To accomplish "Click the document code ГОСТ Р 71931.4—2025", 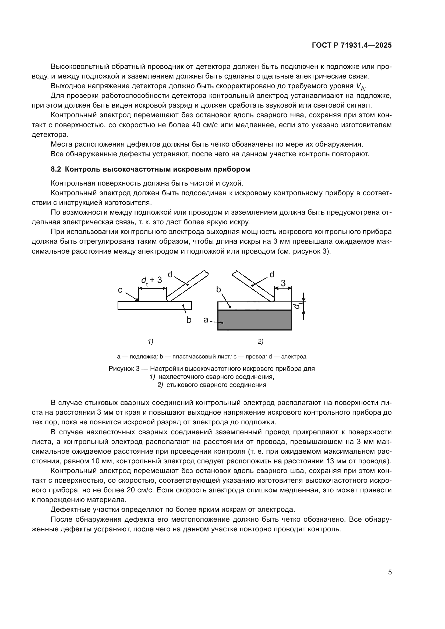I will (x=352, y=45).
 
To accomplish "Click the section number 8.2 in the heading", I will (x=56, y=169).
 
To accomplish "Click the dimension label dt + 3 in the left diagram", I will (x=151, y=280).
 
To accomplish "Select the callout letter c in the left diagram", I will (x=120, y=290).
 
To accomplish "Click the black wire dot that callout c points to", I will (x=137, y=300).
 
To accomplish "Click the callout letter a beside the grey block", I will (x=206, y=320).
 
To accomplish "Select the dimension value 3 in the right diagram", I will (x=283, y=283).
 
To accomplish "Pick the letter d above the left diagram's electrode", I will (x=170, y=274).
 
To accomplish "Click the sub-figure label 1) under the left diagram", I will (x=150, y=341).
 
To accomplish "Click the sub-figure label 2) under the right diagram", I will (x=260, y=341).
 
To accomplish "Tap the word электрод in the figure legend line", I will (x=294, y=357).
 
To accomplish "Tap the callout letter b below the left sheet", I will (x=189, y=320).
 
